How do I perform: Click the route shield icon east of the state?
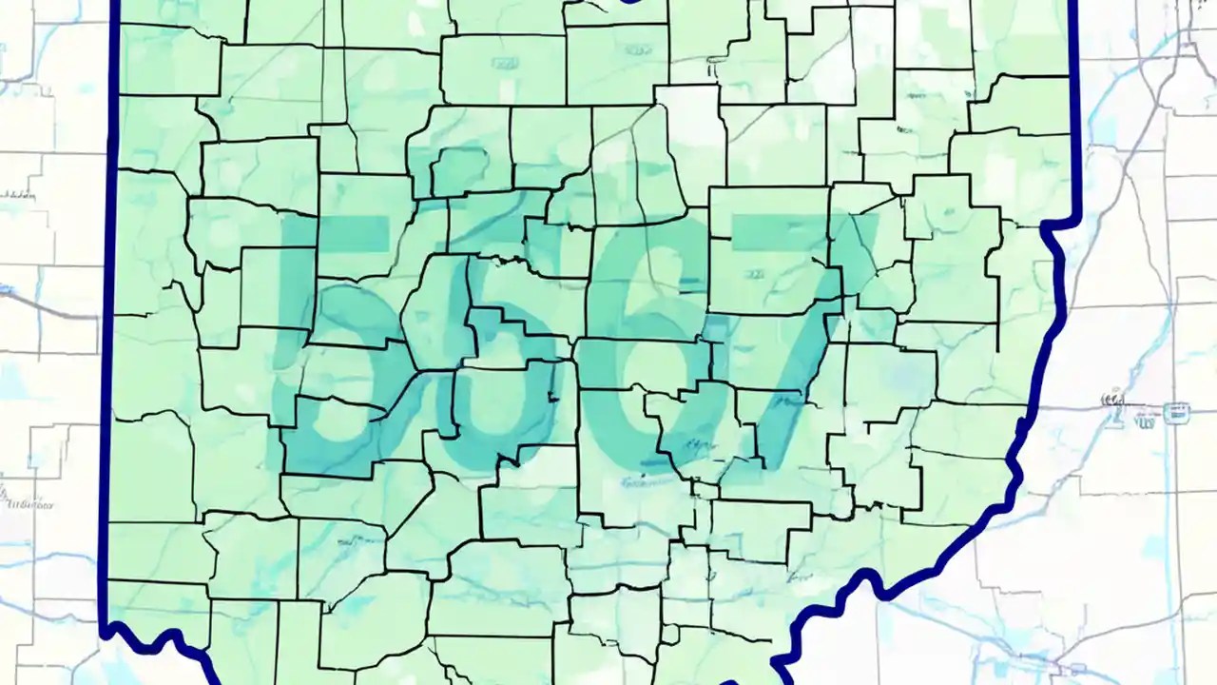1176,412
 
